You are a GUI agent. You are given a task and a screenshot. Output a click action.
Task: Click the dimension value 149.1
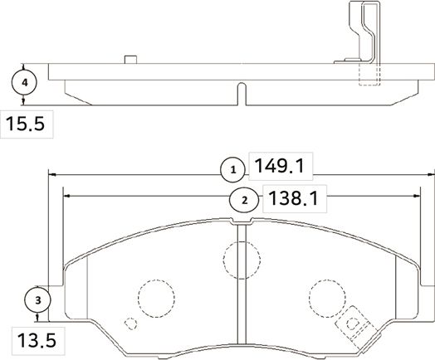(279, 169)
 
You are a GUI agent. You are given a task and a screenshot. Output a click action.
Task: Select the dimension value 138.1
(291, 199)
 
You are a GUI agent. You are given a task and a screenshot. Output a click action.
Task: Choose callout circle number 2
(243, 200)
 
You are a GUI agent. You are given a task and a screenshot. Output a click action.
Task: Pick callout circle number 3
(37, 299)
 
